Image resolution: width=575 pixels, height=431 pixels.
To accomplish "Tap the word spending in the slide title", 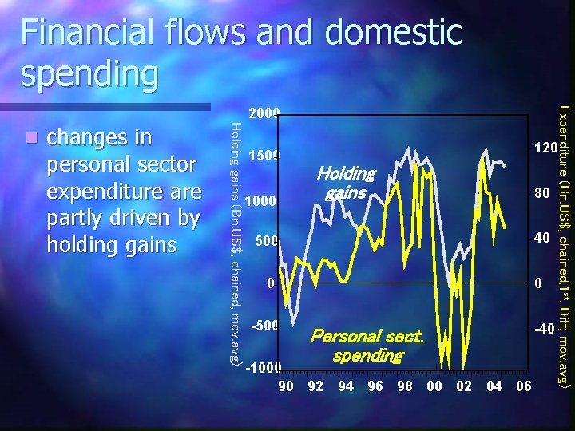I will click(x=90, y=74).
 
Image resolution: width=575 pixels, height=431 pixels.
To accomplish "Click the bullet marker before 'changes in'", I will click(x=30, y=138).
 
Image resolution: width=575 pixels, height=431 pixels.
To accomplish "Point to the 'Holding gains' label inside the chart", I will click(x=345, y=183).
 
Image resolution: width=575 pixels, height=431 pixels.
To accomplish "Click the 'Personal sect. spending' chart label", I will click(x=367, y=346).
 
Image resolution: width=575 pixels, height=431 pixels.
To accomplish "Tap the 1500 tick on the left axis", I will click(x=263, y=156).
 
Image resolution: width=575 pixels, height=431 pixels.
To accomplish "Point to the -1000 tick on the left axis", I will click(x=261, y=369).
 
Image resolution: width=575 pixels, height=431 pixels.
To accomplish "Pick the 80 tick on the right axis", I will click(x=542, y=193).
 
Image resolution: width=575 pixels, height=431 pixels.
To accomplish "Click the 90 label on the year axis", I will click(x=285, y=387).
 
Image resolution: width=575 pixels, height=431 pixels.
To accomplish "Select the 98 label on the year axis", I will click(x=404, y=387).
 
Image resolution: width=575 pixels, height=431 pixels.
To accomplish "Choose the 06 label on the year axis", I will click(x=524, y=387).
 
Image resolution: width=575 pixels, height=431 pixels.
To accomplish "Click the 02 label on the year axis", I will click(x=465, y=387).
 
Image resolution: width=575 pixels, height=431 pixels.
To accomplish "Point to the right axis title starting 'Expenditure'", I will click(x=563, y=247).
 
